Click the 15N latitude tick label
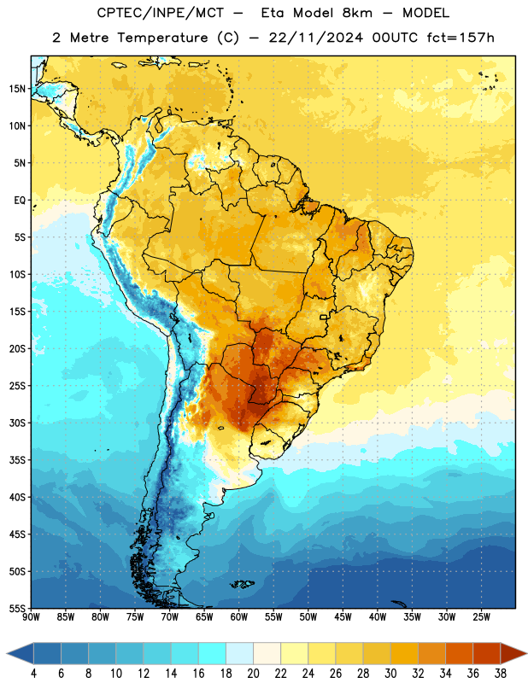click(17, 89)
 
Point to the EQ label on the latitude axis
click(20, 201)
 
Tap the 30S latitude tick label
click(17, 423)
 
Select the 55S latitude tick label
click(17, 608)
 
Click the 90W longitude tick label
click(32, 617)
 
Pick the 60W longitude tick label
click(239, 617)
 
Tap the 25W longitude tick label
click(481, 617)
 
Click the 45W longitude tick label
click(343, 617)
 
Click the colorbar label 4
click(33, 674)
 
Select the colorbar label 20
click(253, 674)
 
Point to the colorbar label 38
click(501, 674)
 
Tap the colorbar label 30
click(390, 674)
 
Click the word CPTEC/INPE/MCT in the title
click(161, 13)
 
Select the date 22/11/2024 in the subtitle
click(316, 38)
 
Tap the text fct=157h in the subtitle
click(461, 38)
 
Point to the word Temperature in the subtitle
click(162, 38)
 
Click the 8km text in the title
click(357, 13)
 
